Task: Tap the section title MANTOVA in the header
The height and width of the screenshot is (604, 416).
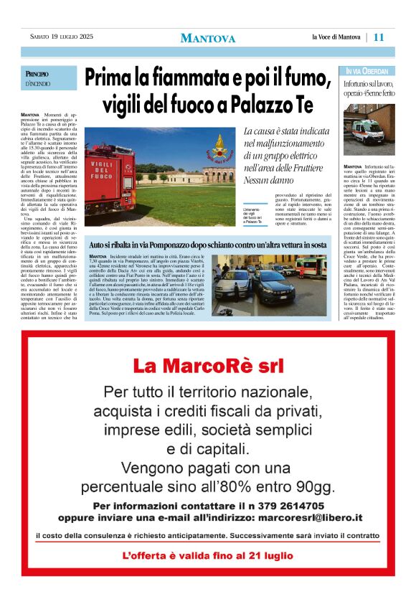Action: coord(207,38)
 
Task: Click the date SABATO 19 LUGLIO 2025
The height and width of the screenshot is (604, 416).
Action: coord(62,37)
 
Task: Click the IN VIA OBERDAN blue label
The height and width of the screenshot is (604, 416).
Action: coord(367,72)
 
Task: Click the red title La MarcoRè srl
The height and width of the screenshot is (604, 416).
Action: coord(208,366)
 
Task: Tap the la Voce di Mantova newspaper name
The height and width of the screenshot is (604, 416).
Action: coord(336,37)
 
